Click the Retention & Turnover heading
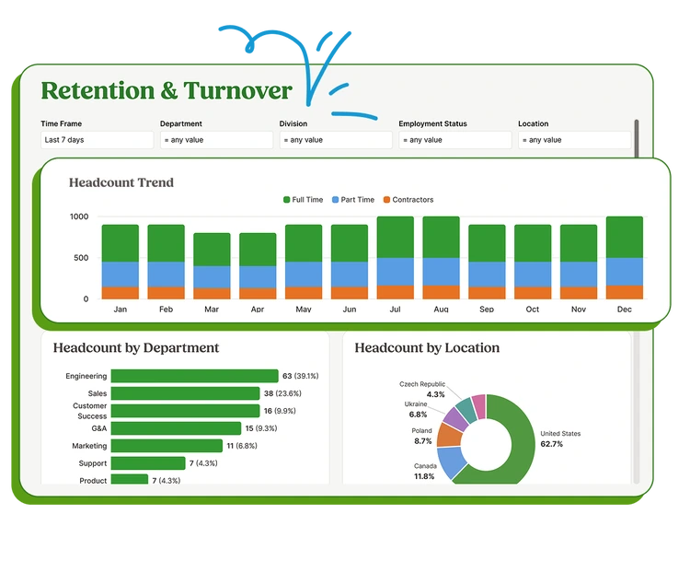[x=167, y=91]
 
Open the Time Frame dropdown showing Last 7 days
[x=97, y=140]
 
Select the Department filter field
[x=216, y=140]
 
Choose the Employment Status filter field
[x=455, y=140]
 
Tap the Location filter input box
[x=574, y=140]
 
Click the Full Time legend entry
[x=303, y=200]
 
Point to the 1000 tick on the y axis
[x=79, y=216]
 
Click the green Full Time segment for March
[x=212, y=250]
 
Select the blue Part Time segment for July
[x=395, y=272]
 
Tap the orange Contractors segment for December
[x=625, y=292]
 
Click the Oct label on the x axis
[x=533, y=310]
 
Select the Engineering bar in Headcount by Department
[x=194, y=376]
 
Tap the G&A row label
[x=98, y=428]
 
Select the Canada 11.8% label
[x=423, y=471]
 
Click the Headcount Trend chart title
[x=121, y=182]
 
